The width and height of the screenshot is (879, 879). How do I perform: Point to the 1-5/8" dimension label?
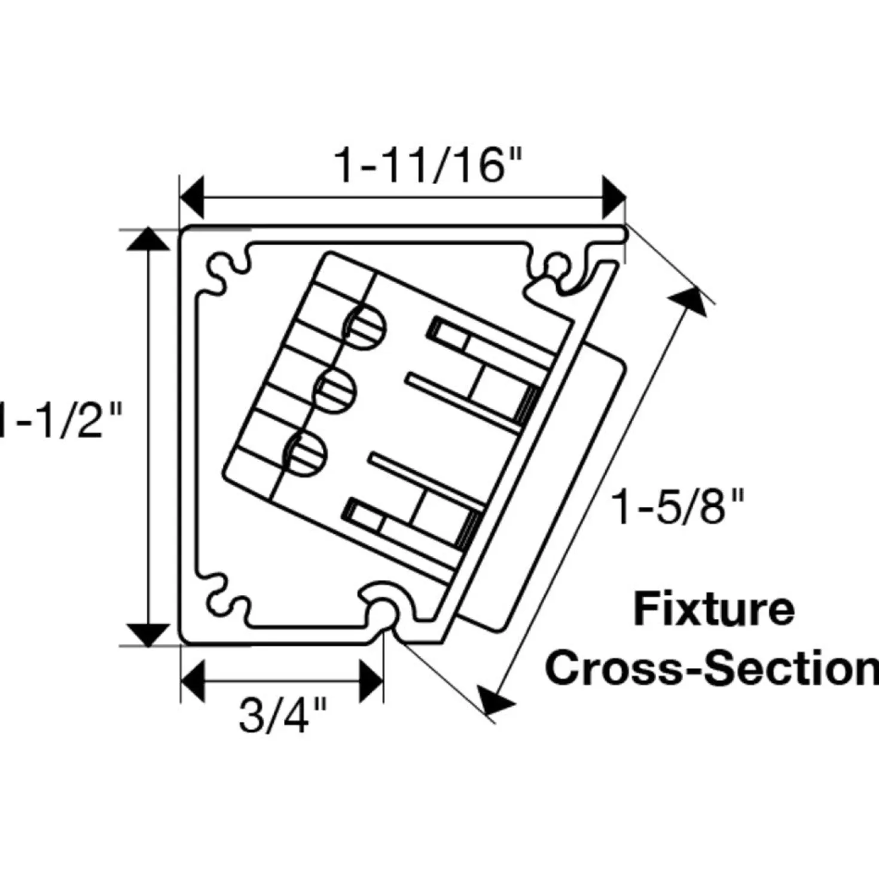tap(677, 506)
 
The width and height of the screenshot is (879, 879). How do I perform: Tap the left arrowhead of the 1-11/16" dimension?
tap(192, 197)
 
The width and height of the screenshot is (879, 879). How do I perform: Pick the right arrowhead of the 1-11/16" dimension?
tap(614, 197)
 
